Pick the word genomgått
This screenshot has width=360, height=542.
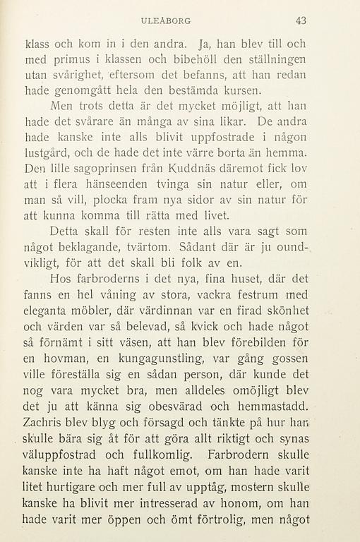[84, 91]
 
